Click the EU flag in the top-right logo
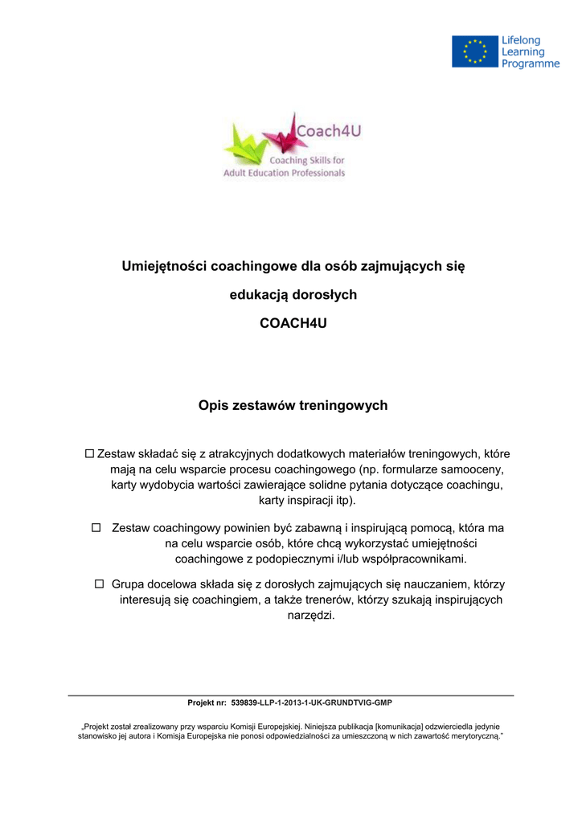coord(474,51)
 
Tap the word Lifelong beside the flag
coord(522,40)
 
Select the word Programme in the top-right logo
coord(531,64)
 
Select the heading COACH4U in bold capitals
coord(293,324)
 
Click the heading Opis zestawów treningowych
coord(293,405)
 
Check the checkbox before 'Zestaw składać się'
coord(89,454)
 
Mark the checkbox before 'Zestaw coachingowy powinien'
coord(96,528)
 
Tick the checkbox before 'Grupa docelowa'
coord(100,583)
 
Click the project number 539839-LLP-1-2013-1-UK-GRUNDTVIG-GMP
coord(311,702)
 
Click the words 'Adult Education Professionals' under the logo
coord(284,173)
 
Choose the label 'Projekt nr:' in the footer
coord(207,702)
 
